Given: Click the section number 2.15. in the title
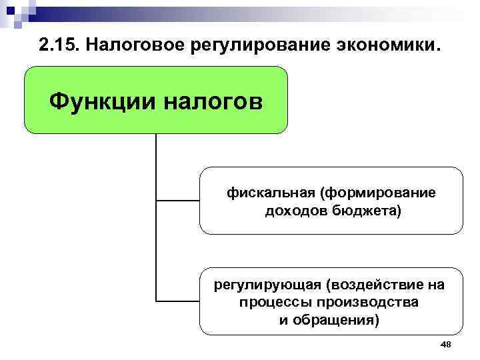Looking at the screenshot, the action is (x=59, y=46).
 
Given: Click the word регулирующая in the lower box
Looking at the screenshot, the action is (x=267, y=285).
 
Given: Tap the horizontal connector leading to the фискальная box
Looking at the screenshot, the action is (x=177, y=200).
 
